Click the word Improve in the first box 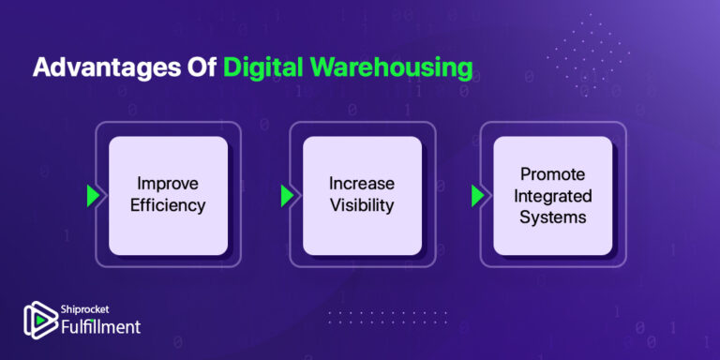(x=168, y=184)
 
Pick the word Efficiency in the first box (x=168, y=205)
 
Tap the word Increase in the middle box (x=362, y=184)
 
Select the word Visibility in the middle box (x=362, y=205)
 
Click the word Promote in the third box (x=553, y=174)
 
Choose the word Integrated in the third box (x=553, y=196)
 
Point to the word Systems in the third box (x=553, y=217)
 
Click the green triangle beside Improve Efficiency (x=93, y=195)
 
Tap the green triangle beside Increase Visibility (x=287, y=195)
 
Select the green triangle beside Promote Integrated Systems (x=477, y=195)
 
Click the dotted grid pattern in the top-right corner (x=586, y=52)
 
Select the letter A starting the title (x=42, y=69)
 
